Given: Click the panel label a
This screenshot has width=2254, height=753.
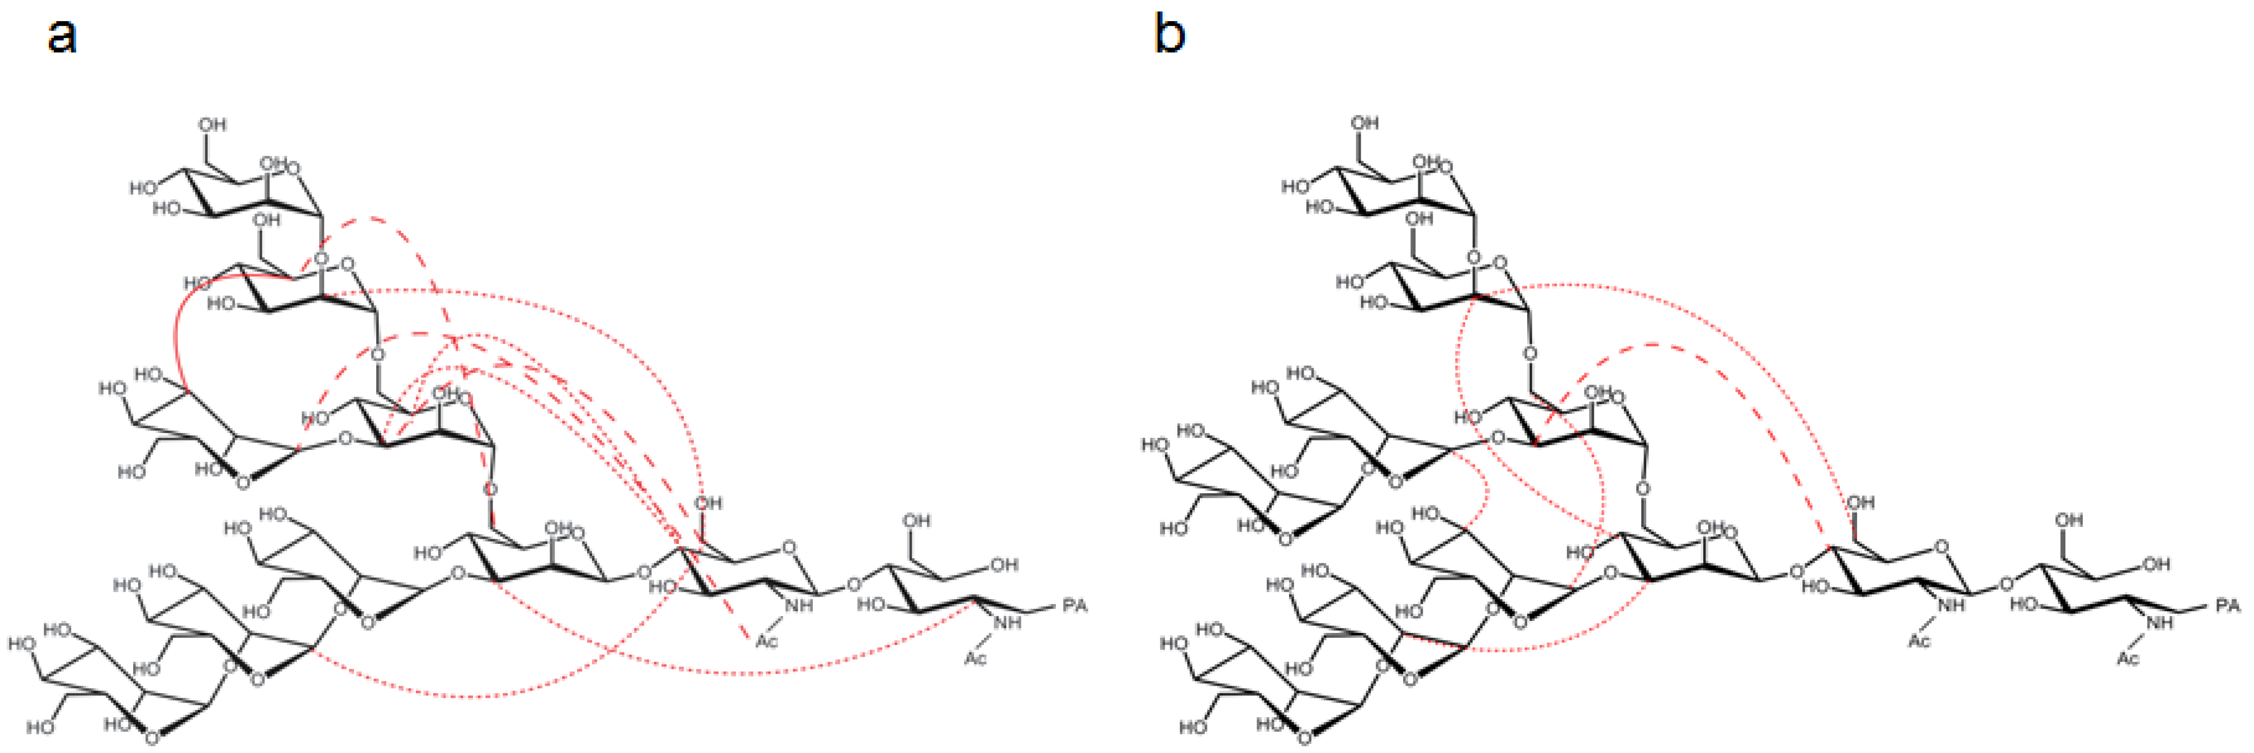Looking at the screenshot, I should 61,37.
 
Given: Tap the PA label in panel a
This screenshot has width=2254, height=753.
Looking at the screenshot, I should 1074,605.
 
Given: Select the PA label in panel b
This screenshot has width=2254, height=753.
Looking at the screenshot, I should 2228,605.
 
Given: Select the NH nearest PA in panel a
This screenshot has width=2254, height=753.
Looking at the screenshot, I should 1007,623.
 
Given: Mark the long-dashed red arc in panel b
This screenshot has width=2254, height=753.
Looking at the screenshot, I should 1663,346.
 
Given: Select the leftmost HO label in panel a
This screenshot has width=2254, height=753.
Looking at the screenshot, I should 22,644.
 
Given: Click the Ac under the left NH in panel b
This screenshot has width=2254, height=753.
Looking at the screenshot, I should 1919,641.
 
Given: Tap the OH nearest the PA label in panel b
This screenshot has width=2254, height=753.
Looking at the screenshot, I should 2156,565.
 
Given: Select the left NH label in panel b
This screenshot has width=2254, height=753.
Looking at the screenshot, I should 1951,605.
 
